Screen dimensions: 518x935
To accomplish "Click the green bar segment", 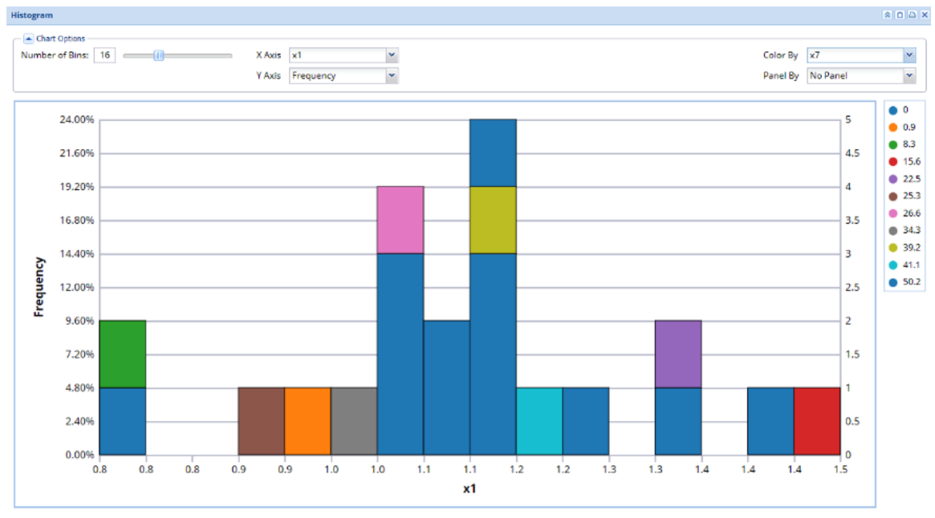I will click(123, 354).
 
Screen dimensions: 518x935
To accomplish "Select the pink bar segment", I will click(400, 220).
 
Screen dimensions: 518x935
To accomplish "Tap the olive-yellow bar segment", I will click(493, 220).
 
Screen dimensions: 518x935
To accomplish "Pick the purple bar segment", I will click(678, 354).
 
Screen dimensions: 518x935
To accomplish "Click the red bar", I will click(817, 421).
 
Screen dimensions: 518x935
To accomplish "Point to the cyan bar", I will click(539, 421).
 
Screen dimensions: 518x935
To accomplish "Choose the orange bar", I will click(307, 421).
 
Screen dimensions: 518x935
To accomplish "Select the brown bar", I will click(261, 421).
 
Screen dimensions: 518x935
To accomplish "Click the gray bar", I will click(354, 421).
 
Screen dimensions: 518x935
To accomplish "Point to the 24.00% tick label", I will click(77, 119).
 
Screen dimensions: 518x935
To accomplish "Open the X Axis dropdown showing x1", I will click(344, 55).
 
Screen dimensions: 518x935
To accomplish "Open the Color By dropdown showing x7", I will click(861, 55).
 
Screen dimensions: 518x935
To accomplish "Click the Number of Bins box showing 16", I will click(104, 55).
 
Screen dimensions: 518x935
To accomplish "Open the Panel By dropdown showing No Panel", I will click(861, 76).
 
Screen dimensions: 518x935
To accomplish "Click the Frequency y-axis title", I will click(38, 287).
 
